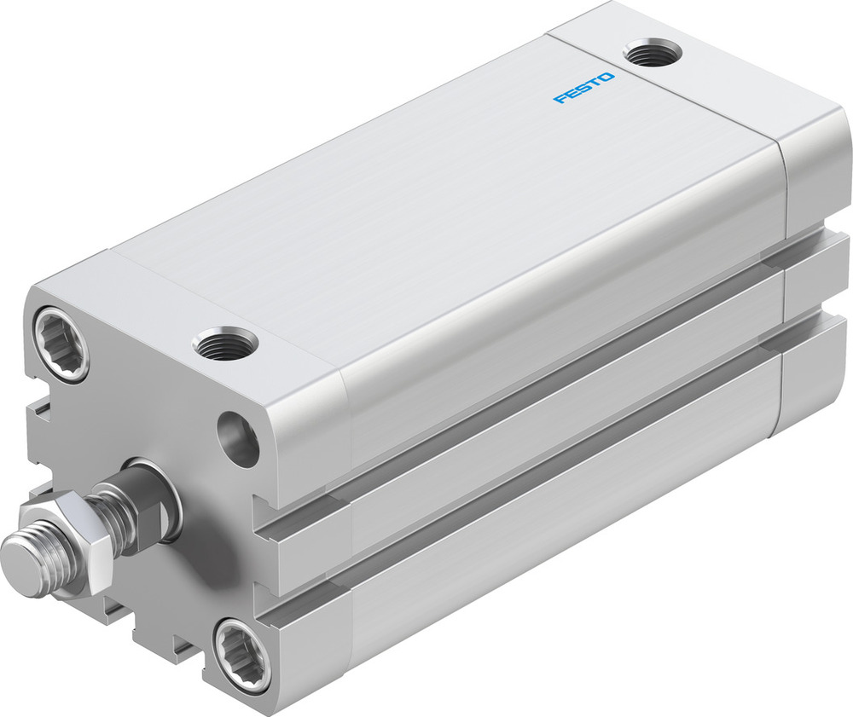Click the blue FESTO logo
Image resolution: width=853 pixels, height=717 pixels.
click(583, 88)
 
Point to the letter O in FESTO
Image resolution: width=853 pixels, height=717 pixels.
click(606, 78)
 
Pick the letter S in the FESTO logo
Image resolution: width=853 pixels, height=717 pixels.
click(583, 89)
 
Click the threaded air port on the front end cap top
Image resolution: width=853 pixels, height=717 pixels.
click(225, 344)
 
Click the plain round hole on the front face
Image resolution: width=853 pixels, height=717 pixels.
click(238, 439)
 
